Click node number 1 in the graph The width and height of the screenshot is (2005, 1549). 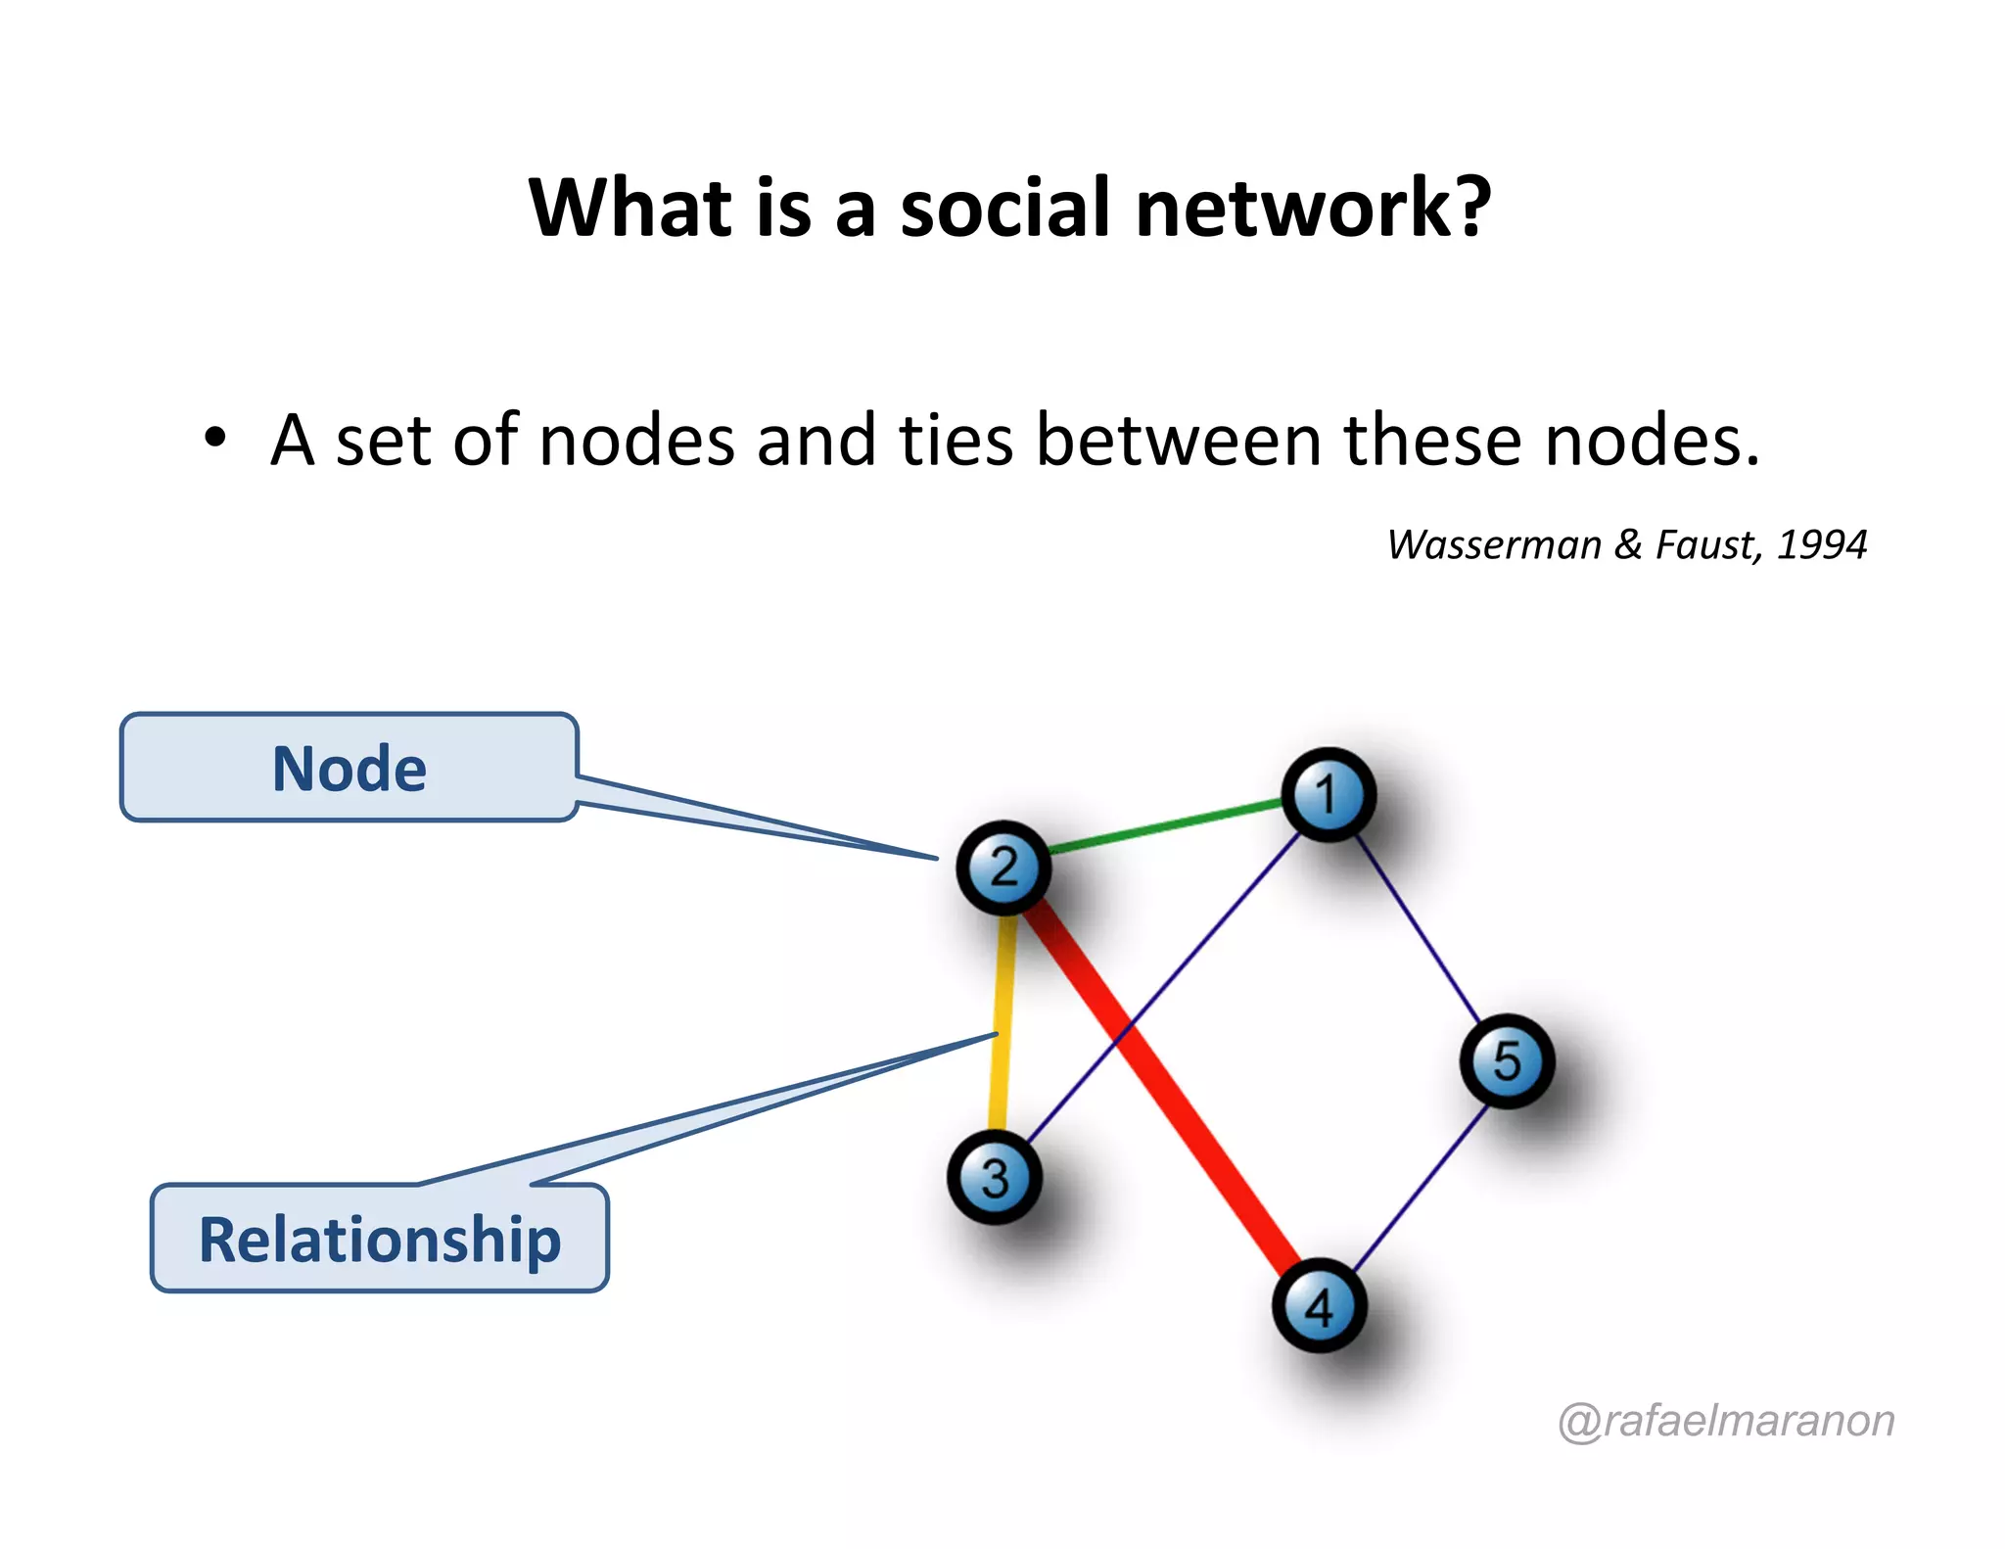1328,794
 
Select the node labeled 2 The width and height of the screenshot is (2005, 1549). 1003,868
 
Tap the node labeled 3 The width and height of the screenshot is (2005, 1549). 994,1177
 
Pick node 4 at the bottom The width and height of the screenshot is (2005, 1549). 1319,1306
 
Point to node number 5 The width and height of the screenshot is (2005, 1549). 1507,1061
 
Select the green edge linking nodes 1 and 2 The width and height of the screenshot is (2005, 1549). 1165,828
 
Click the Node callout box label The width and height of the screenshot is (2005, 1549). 350,769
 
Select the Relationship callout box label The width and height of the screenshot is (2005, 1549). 380,1240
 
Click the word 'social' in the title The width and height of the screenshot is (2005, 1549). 1005,209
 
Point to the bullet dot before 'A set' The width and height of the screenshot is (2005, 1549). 215,437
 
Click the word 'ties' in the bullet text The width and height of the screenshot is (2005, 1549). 955,440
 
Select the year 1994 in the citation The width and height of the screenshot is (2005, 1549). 1822,545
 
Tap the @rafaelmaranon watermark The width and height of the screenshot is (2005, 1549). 1726,1421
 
